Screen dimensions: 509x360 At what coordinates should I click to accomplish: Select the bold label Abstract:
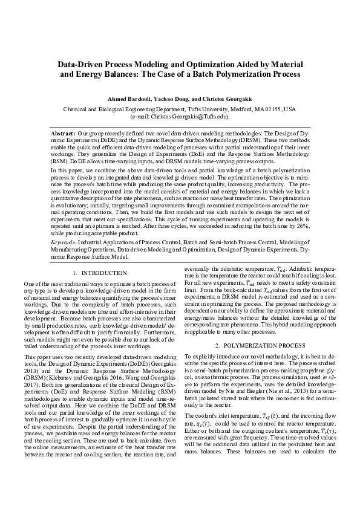pos(63,131)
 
